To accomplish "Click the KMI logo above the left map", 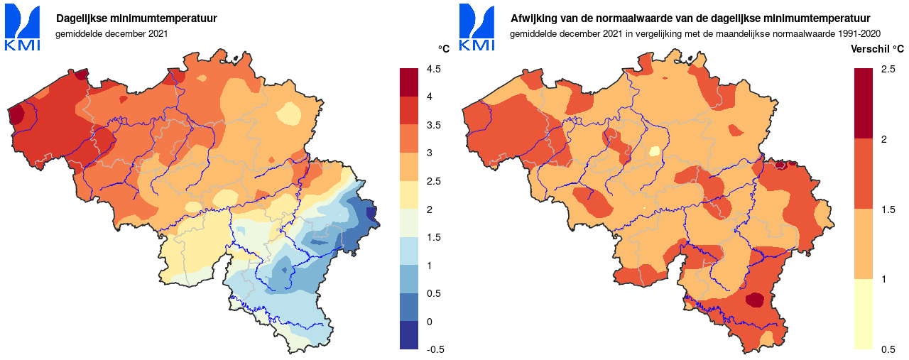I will pyautogui.click(x=22, y=28).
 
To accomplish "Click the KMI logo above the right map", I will pyautogui.click(x=477, y=28).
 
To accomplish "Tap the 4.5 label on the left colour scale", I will pyautogui.click(x=433, y=69).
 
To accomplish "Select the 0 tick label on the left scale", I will pyautogui.click(x=429, y=322).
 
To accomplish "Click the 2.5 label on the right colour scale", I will pyautogui.click(x=888, y=69).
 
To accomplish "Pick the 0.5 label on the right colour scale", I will pyautogui.click(x=888, y=349).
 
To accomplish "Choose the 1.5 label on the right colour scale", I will pyautogui.click(x=888, y=209).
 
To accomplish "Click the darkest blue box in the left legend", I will pyautogui.click(x=409, y=335).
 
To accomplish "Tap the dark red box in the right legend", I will pyautogui.click(x=864, y=103).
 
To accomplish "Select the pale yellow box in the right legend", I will pyautogui.click(x=864, y=314).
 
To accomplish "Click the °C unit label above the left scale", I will pyautogui.click(x=443, y=49).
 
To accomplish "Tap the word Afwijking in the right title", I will pyautogui.click(x=533, y=18).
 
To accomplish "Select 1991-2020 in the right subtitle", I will pyautogui.click(x=858, y=33).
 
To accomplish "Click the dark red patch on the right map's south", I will pyautogui.click(x=754, y=300).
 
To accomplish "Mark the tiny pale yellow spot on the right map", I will pyautogui.click(x=654, y=151).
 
